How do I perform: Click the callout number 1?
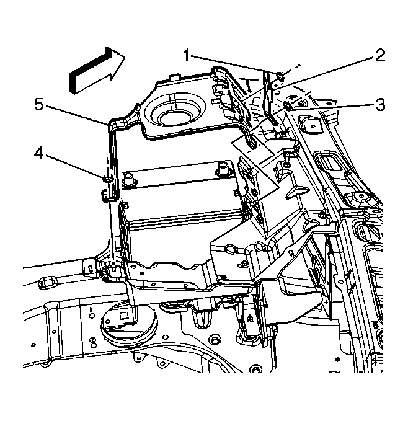click(186, 56)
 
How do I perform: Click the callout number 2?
click(378, 56)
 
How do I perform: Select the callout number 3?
click(379, 105)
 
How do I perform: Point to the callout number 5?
click(39, 105)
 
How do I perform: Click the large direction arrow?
click(97, 68)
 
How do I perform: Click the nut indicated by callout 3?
click(289, 107)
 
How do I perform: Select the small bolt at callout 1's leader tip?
click(280, 76)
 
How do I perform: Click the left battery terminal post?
click(130, 179)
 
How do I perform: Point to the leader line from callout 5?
click(78, 115)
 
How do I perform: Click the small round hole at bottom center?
click(254, 371)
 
